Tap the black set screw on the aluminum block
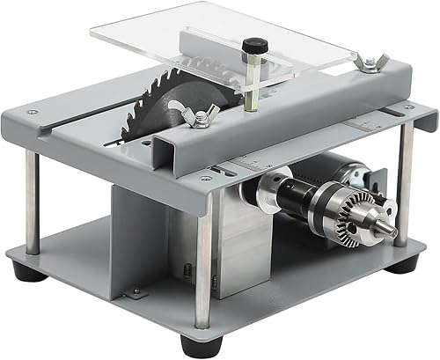[187, 270]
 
